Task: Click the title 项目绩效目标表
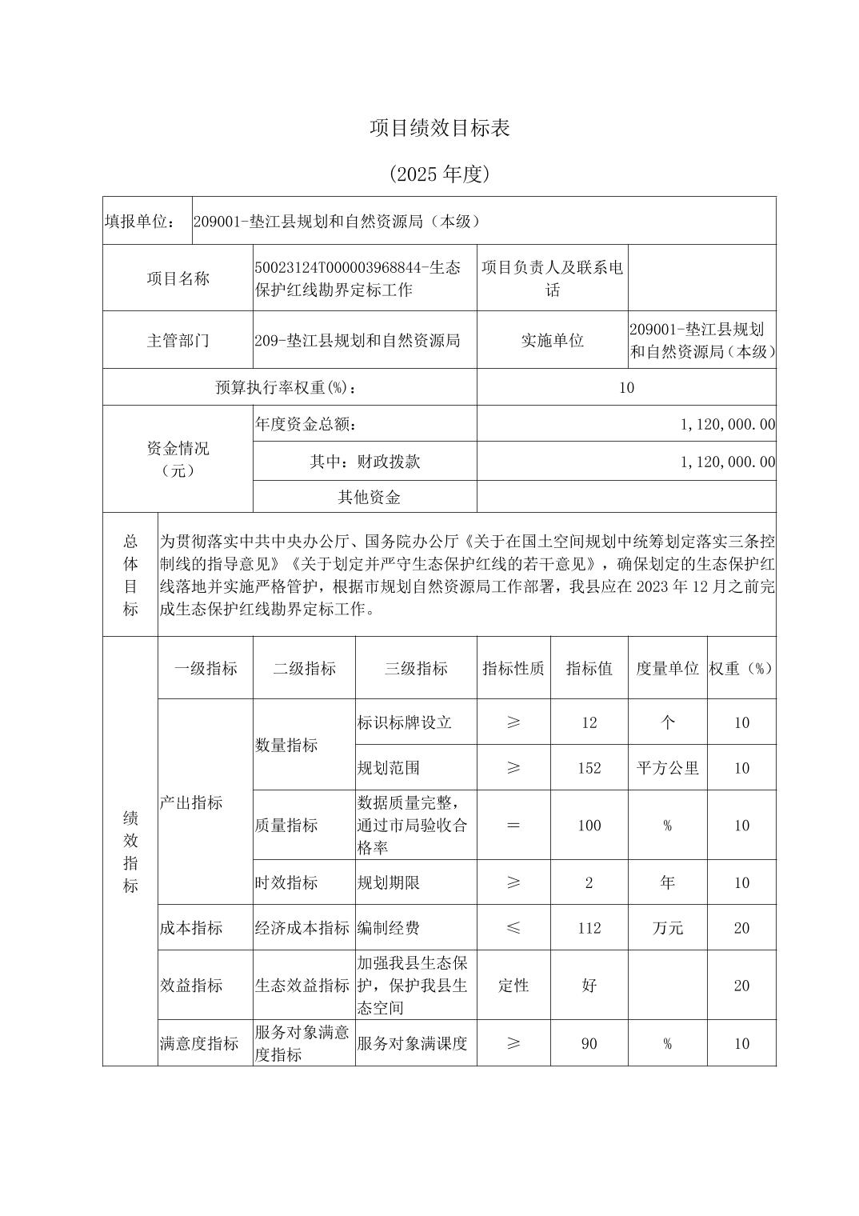439,128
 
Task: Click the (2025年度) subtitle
439,174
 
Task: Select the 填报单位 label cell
141,221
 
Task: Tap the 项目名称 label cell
178,278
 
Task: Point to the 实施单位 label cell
552,340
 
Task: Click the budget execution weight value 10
626,388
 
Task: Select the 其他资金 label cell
369,497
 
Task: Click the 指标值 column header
589,668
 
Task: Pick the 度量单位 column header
667,668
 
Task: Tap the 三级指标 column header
416,668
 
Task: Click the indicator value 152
589,768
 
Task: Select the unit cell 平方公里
667,768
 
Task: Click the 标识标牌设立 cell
405,722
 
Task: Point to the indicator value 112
589,928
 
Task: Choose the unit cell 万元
667,928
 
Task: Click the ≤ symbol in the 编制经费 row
513,928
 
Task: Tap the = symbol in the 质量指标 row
513,825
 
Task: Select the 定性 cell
513,986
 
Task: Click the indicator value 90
589,1043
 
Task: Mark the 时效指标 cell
286,882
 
